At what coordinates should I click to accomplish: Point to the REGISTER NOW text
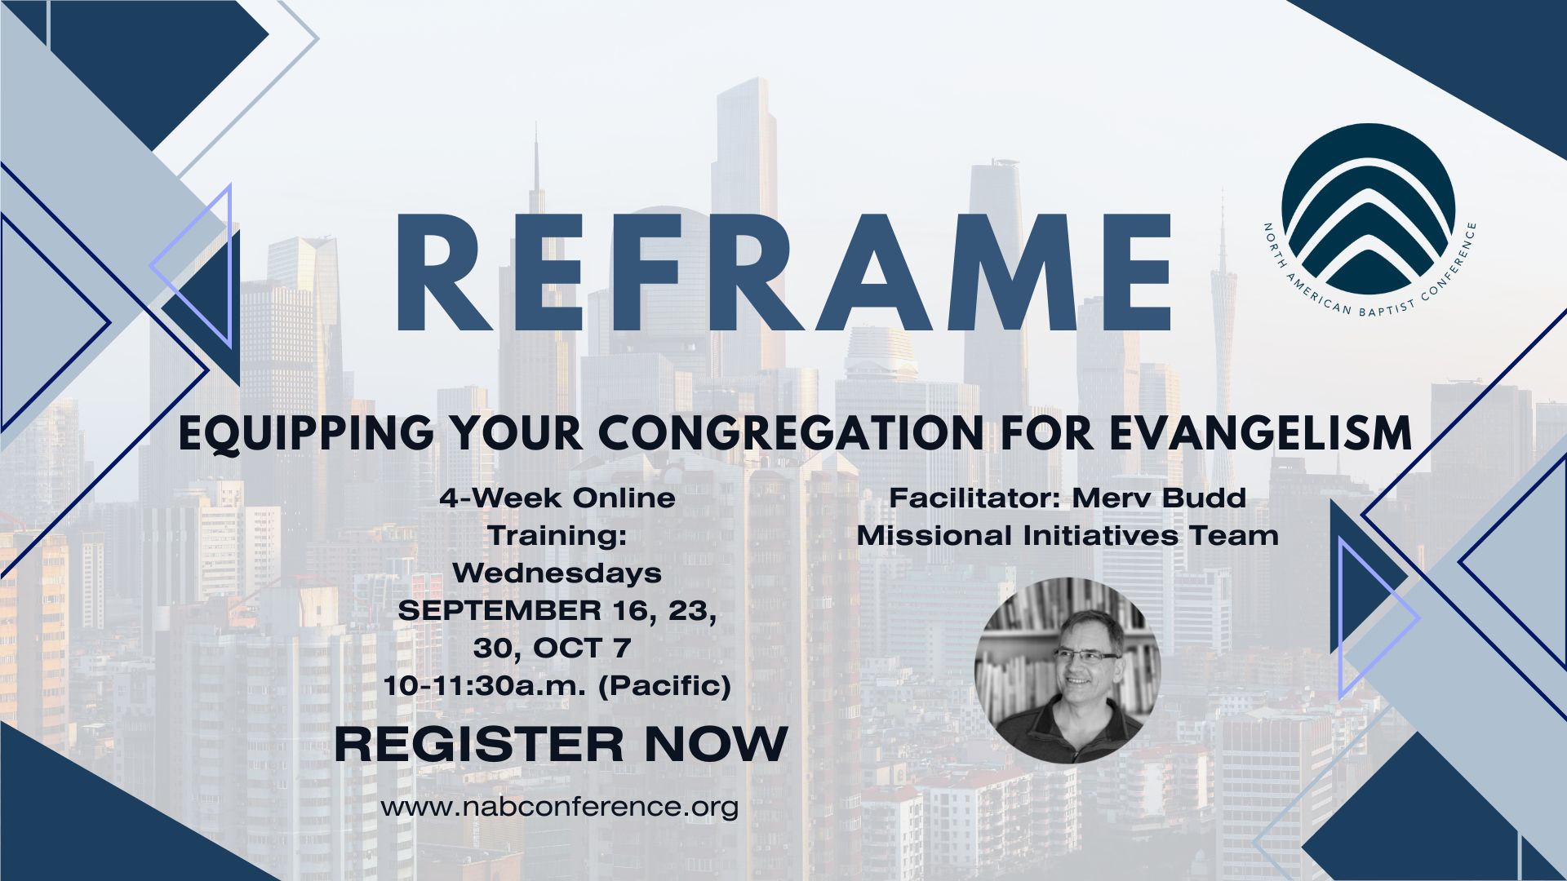(562, 744)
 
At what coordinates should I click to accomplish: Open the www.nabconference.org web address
(560, 807)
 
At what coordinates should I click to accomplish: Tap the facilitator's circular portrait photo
(1068, 670)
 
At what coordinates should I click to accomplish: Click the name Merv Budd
(1158, 498)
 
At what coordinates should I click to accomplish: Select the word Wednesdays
(557, 573)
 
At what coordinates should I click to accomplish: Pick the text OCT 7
(583, 649)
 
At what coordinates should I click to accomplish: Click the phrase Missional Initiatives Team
(1068, 536)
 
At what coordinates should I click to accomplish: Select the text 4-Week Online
(557, 498)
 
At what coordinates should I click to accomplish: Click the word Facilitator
(975, 498)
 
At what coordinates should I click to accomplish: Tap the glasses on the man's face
(1087, 656)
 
